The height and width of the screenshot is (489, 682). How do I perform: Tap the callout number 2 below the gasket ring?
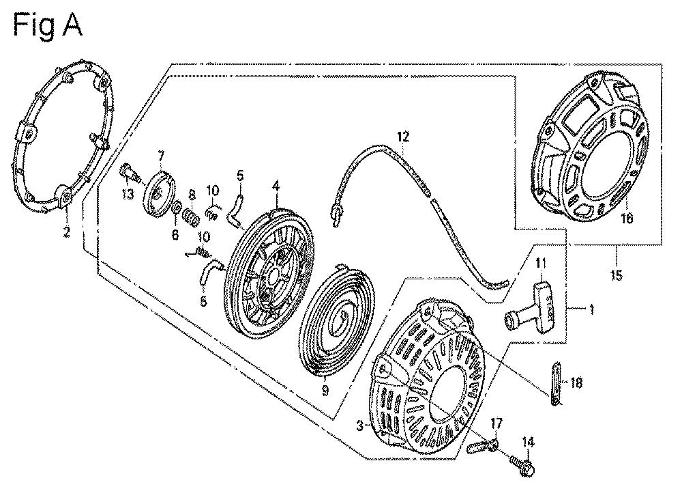(x=66, y=232)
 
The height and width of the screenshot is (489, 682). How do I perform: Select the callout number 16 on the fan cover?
(x=626, y=219)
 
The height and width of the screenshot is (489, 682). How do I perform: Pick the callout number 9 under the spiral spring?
(x=325, y=390)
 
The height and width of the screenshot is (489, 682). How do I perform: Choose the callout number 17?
(x=496, y=423)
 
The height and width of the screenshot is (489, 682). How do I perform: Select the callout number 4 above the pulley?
(x=276, y=185)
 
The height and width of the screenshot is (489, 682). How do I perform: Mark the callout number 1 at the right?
(x=591, y=310)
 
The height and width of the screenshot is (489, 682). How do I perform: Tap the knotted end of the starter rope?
(x=336, y=213)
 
